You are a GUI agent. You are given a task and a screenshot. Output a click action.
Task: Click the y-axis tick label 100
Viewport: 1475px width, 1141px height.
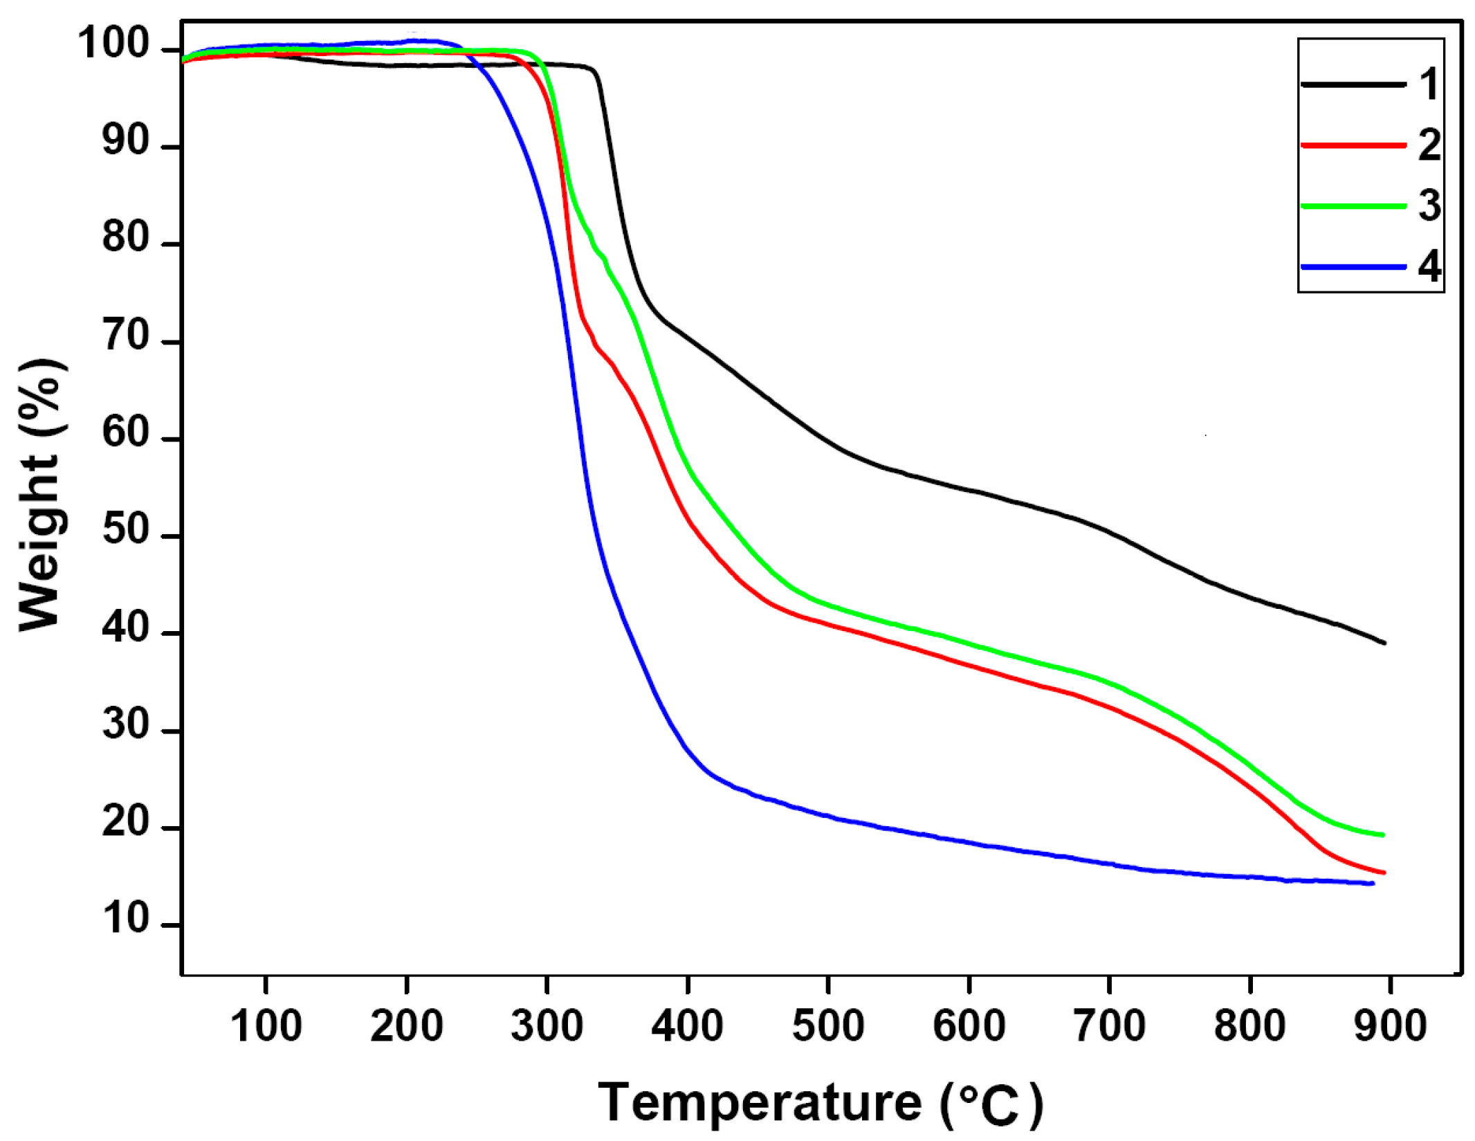click(x=113, y=43)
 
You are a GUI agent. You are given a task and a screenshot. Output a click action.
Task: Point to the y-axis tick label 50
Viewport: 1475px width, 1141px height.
click(x=126, y=530)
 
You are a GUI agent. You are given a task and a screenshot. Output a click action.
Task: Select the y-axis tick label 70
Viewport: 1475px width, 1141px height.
click(x=126, y=336)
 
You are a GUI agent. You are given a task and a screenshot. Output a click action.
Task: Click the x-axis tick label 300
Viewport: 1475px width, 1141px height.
click(x=547, y=1025)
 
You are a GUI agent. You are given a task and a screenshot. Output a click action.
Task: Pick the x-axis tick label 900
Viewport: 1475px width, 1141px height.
click(x=1390, y=1025)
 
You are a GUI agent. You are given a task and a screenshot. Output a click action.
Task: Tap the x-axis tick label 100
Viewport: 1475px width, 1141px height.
click(x=266, y=1025)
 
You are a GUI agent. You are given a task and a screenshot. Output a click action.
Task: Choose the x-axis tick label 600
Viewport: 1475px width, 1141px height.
click(x=969, y=1025)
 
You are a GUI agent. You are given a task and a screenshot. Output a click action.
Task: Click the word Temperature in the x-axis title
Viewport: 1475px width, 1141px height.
click(x=760, y=1102)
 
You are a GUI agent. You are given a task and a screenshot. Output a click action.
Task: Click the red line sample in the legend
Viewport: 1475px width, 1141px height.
click(x=1353, y=145)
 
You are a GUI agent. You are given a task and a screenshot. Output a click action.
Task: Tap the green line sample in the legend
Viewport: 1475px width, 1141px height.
click(x=1353, y=206)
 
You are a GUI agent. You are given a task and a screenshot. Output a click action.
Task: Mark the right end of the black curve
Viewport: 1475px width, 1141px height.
click(x=1384, y=643)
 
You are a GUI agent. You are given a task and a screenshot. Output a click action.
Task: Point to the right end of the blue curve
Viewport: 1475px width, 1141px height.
click(x=1373, y=884)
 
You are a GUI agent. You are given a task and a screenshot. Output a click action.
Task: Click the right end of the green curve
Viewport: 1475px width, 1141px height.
click(x=1383, y=835)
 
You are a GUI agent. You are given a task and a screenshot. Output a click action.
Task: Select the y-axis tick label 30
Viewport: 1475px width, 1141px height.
click(x=126, y=724)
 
